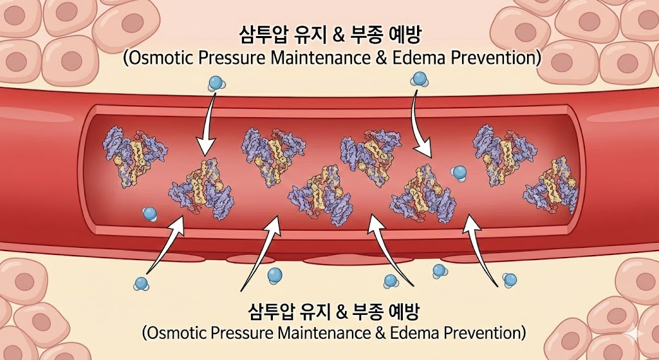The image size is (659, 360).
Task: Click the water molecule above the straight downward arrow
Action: pyautogui.click(x=215, y=83)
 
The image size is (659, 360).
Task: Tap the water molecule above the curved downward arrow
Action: pyautogui.click(x=420, y=79)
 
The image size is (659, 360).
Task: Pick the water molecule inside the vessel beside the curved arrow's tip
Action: pyautogui.click(x=459, y=172)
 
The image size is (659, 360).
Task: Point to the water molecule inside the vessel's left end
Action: pyautogui.click(x=150, y=213)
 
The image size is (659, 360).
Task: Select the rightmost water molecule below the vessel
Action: pyautogui.click(x=510, y=279)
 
